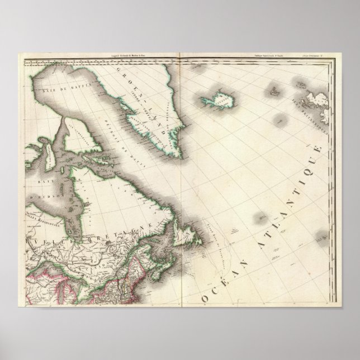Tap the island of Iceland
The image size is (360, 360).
(218, 100)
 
